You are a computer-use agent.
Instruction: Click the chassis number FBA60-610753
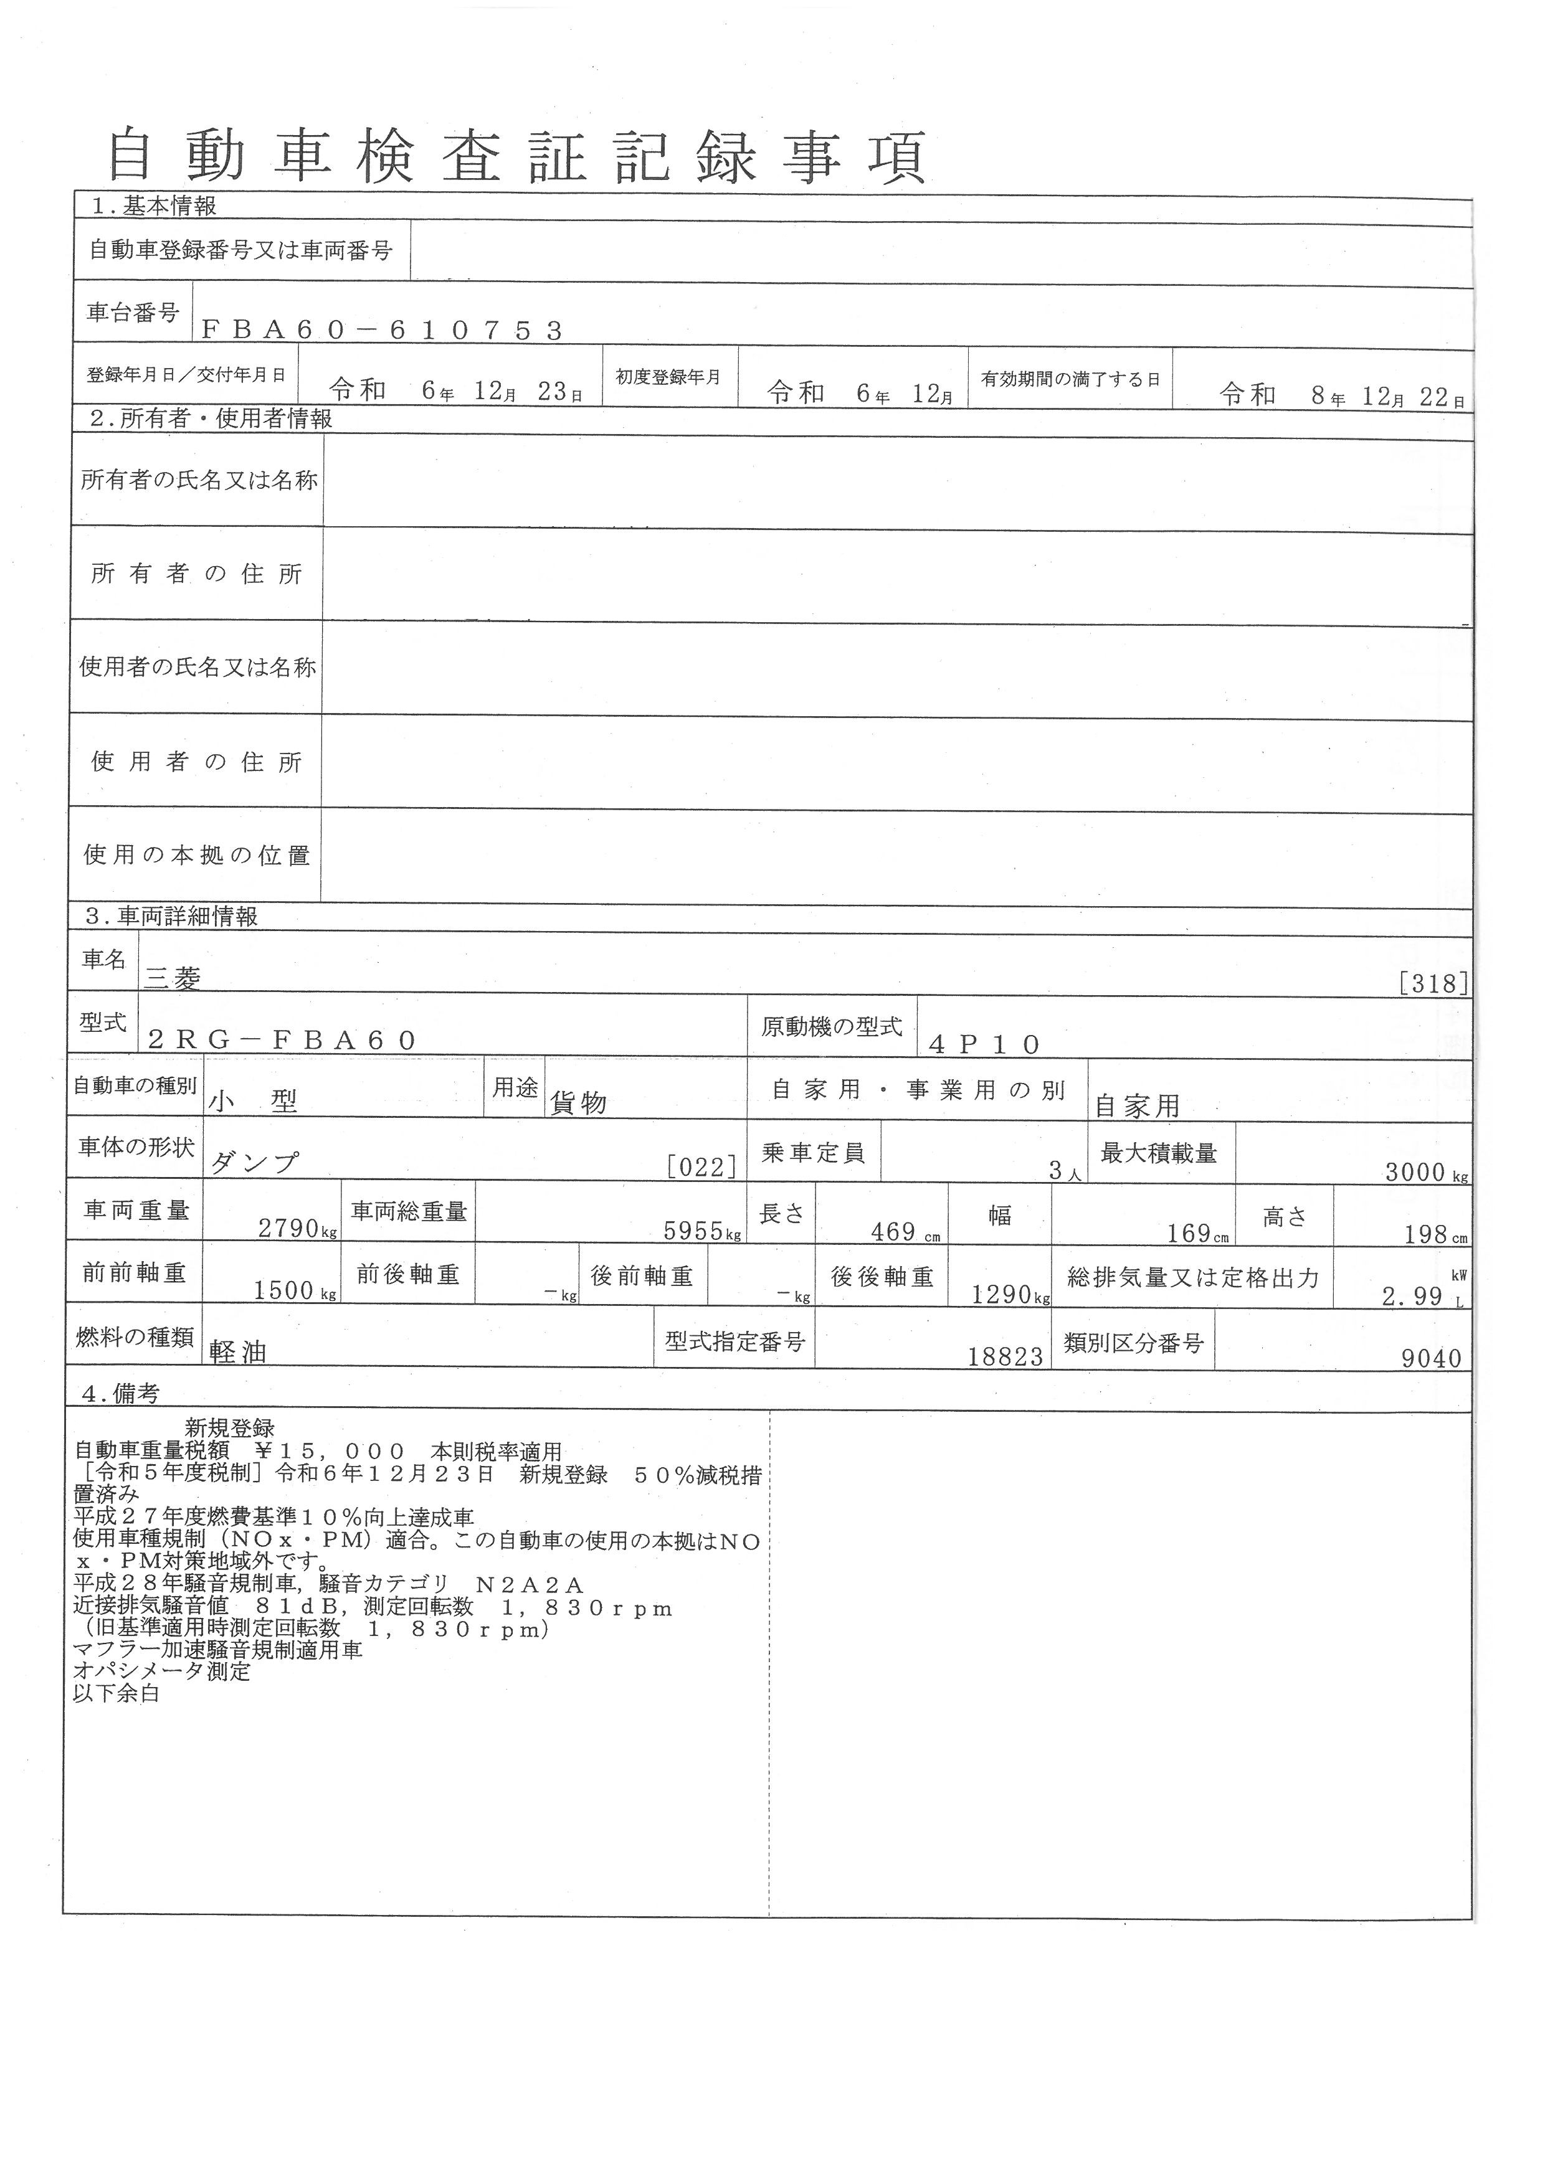pos(383,330)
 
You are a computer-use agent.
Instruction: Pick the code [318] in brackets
pos(1433,983)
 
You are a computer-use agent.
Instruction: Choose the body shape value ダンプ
pos(254,1163)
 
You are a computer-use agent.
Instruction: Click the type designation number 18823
pos(1005,1358)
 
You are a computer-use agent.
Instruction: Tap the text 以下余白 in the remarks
pos(116,1694)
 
